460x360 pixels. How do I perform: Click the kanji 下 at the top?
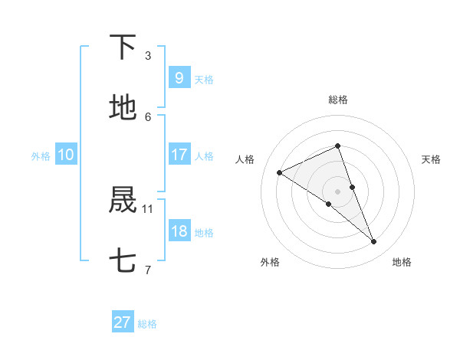point(123,47)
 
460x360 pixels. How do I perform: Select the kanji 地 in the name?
point(123,109)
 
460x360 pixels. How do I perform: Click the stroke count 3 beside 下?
point(148,55)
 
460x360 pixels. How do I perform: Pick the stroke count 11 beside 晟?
point(148,208)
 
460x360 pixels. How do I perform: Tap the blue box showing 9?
point(179,78)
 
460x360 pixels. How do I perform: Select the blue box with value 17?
point(179,155)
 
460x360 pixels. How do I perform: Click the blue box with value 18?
point(179,231)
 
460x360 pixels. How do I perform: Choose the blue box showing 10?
point(66,155)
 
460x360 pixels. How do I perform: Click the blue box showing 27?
point(123,322)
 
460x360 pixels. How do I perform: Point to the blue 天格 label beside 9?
point(204,80)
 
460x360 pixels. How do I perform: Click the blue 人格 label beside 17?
point(204,156)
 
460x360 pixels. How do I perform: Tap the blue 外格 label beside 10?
point(41,156)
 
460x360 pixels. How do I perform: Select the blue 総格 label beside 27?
point(147,324)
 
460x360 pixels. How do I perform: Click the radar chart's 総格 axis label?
point(337,100)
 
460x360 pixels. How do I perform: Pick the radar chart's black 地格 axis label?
point(402,262)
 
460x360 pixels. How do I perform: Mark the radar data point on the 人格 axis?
point(280,172)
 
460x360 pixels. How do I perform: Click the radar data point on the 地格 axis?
point(374,242)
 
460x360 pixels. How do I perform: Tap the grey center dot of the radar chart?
point(337,191)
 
